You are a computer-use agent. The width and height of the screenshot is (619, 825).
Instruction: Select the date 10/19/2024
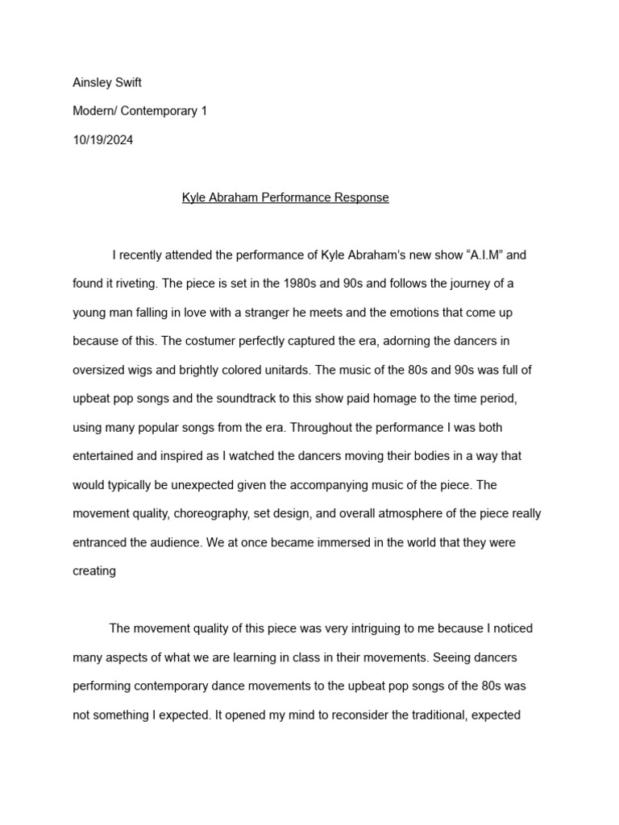pyautogui.click(x=103, y=139)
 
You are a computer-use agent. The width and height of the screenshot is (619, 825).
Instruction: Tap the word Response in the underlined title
pyautogui.click(x=362, y=197)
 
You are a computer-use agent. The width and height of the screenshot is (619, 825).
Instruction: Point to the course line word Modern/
pyautogui.click(x=96, y=110)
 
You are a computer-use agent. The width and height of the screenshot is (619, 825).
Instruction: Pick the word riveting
pyautogui.click(x=133, y=284)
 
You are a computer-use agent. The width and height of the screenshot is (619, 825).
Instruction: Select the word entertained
pyautogui.click(x=108, y=456)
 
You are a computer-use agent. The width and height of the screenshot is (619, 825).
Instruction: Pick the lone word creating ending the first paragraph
pyautogui.click(x=94, y=571)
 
